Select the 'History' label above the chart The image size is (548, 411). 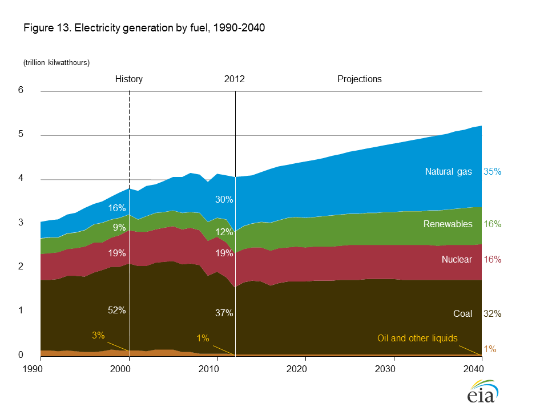click(129, 79)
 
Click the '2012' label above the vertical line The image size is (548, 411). click(234, 79)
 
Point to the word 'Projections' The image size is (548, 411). click(360, 79)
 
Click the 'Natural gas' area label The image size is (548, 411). click(449, 171)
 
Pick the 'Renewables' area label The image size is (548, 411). click(448, 224)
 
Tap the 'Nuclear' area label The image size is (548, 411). click(457, 260)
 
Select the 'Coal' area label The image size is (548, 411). click(464, 313)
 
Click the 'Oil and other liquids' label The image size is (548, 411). click(417, 339)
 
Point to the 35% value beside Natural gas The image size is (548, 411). click(492, 171)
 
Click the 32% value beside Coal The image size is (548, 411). click(492, 313)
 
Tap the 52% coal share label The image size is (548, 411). click(116, 310)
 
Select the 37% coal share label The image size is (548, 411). click(224, 313)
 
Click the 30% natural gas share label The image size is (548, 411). click(224, 199)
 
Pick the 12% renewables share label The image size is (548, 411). click(224, 231)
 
